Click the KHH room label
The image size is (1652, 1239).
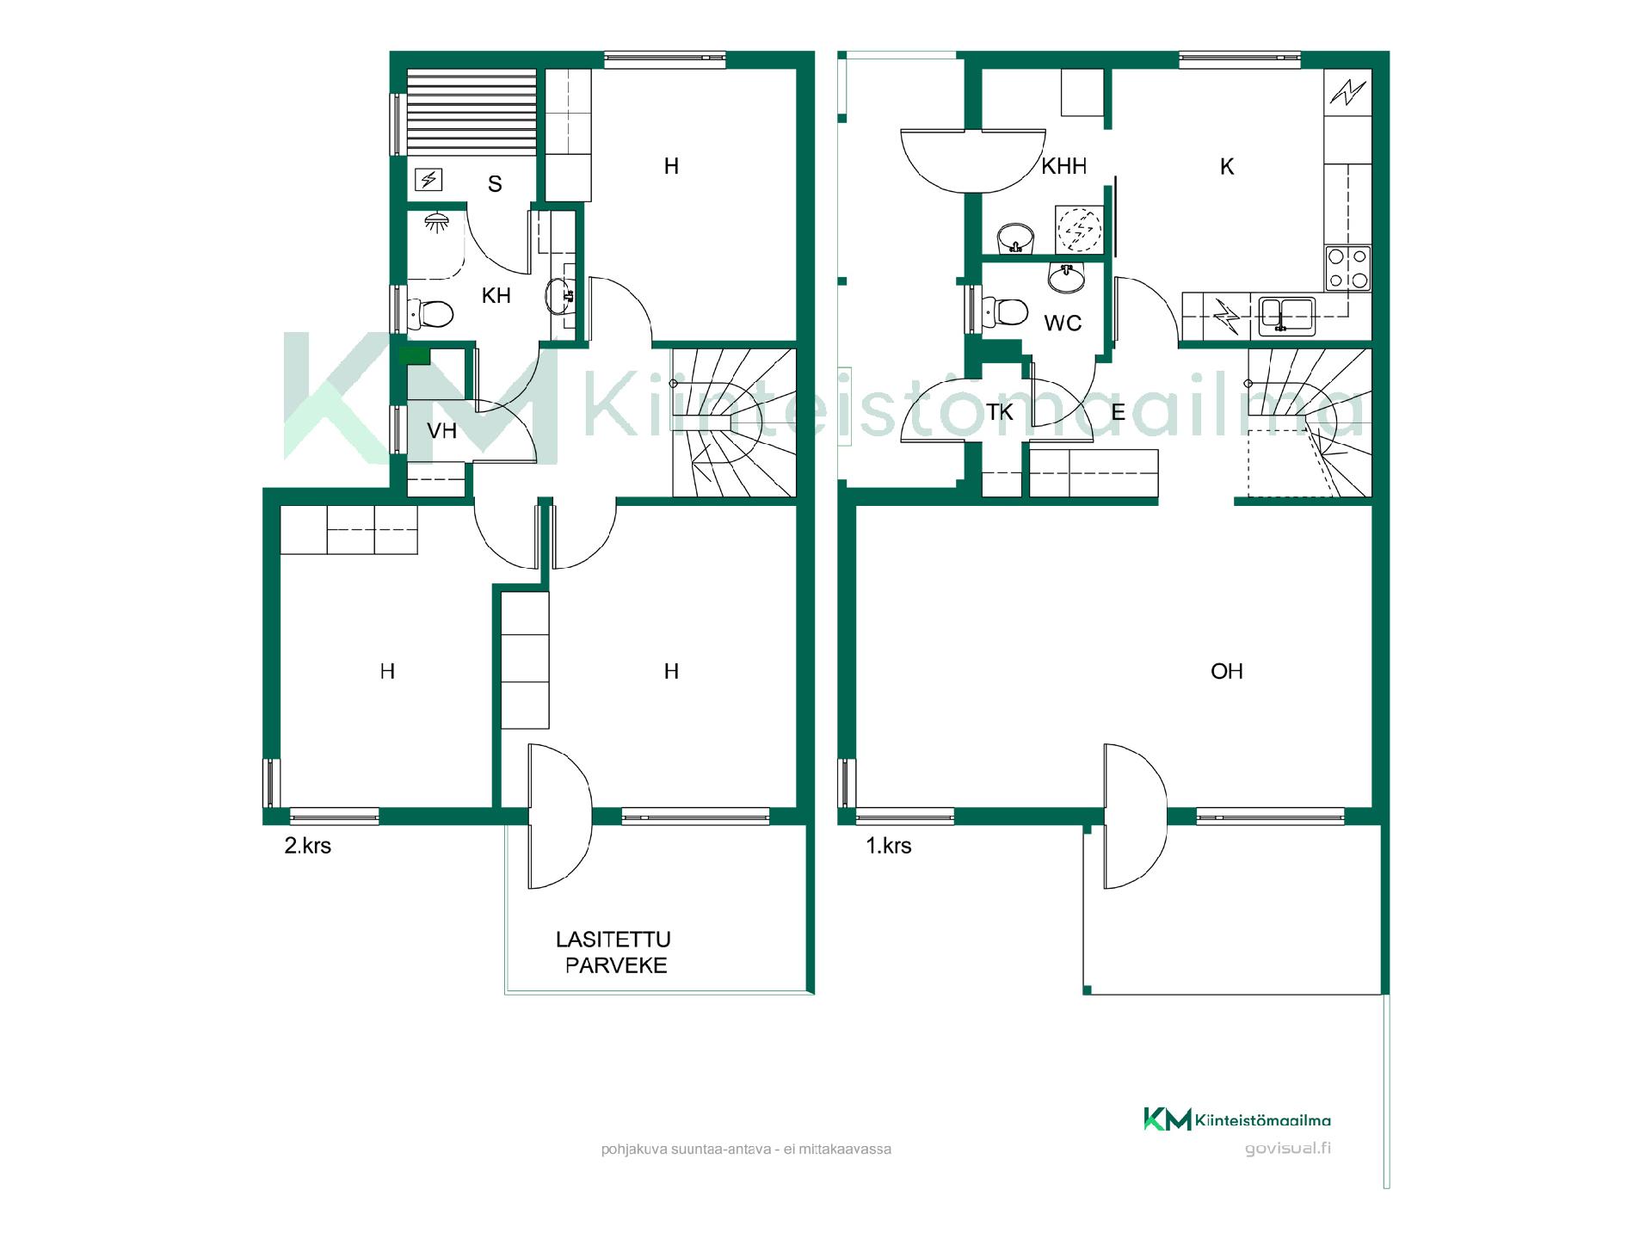(x=1063, y=166)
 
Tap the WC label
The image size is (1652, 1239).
(x=1063, y=324)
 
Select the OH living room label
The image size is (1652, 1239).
(x=1226, y=671)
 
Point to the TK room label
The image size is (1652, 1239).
(x=1000, y=412)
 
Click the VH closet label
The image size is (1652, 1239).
(x=442, y=430)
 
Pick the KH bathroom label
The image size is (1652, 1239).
(x=496, y=296)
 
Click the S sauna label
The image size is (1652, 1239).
(x=495, y=183)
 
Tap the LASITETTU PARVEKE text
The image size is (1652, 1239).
(x=614, y=952)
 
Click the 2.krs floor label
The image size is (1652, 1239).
(x=308, y=846)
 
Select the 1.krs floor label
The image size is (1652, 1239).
(x=889, y=846)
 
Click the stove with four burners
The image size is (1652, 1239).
(x=1347, y=268)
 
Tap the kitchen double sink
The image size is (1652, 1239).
(x=1286, y=315)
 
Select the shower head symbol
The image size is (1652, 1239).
(x=438, y=222)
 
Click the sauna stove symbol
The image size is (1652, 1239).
(x=428, y=179)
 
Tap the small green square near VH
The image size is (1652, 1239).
(x=415, y=354)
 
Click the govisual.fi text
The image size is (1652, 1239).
(x=1287, y=1148)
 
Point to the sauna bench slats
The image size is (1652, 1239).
(x=472, y=112)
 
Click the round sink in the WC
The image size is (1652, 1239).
(x=1067, y=277)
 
